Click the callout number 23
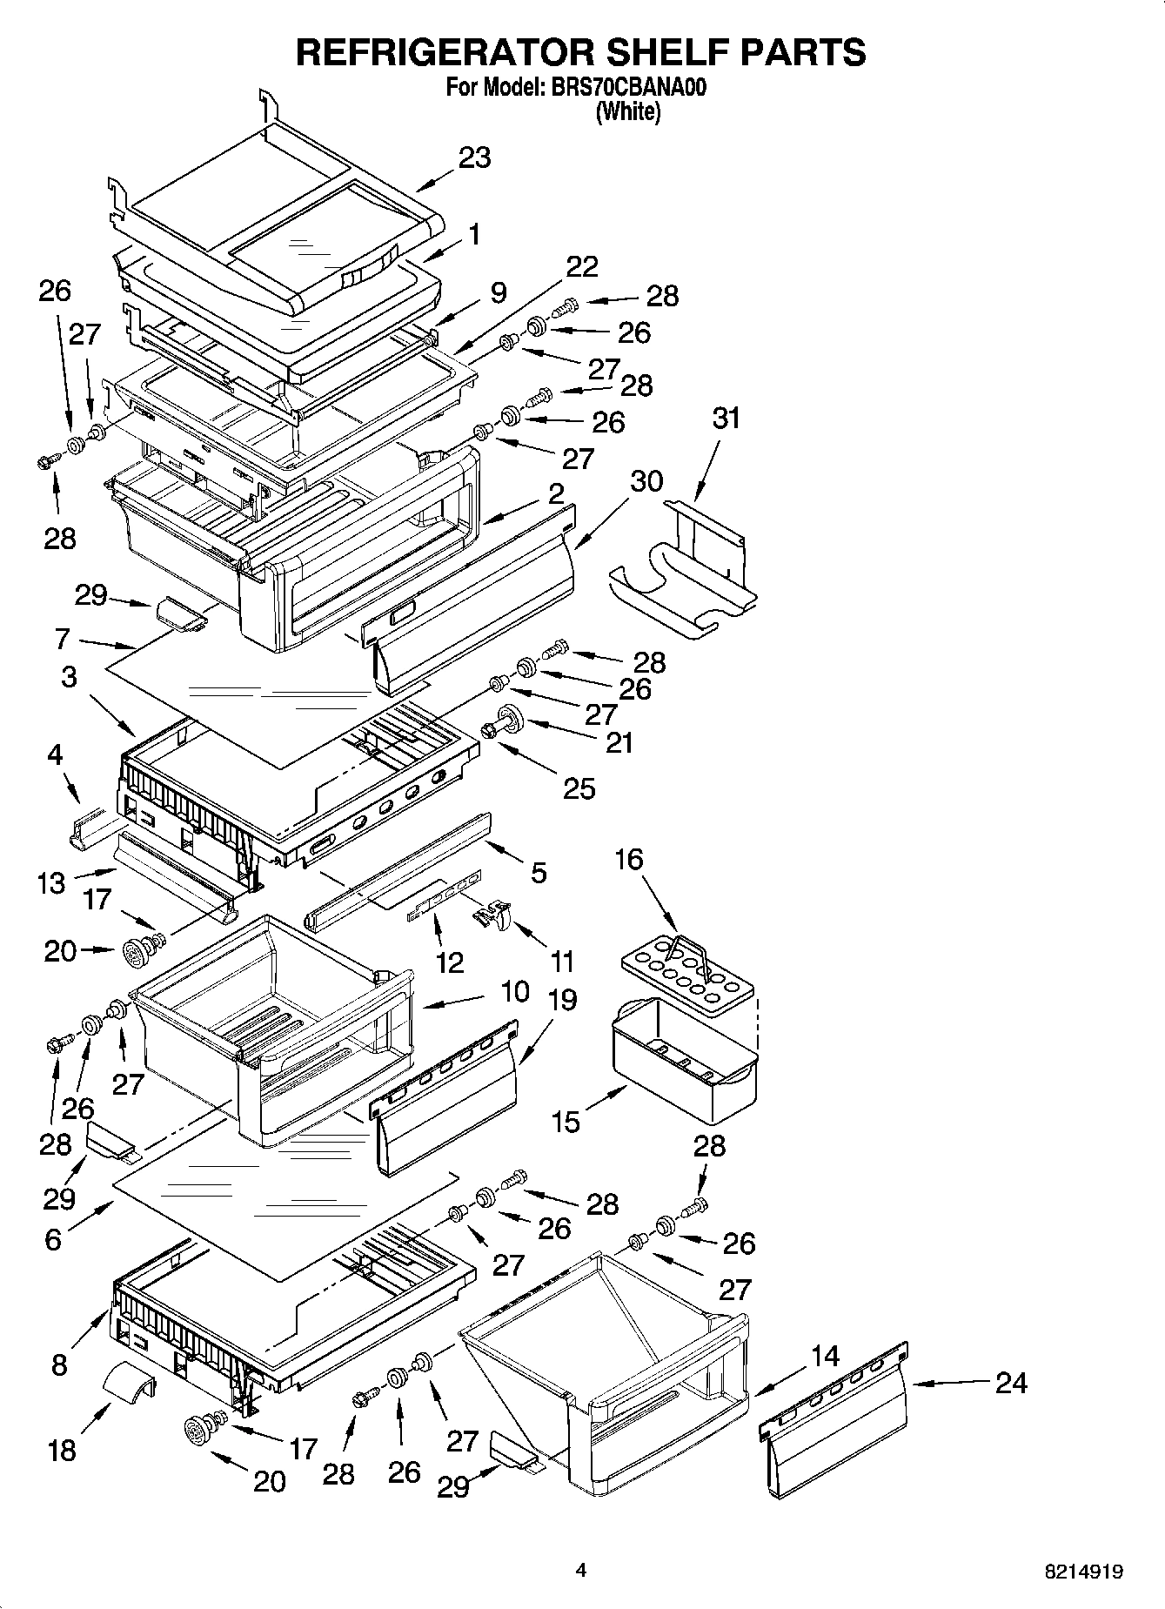pyautogui.click(x=474, y=158)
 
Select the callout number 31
pyautogui.click(x=726, y=419)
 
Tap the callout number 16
pyautogui.click(x=628, y=860)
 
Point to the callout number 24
pyautogui.click(x=1010, y=1383)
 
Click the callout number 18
pyautogui.click(x=63, y=1451)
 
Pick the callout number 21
pyautogui.click(x=619, y=742)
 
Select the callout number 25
pyautogui.click(x=579, y=788)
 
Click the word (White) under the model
pyautogui.click(x=627, y=112)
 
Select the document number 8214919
pyautogui.click(x=1084, y=1572)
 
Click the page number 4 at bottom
pyautogui.click(x=581, y=1570)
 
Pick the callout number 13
pyautogui.click(x=51, y=882)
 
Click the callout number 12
pyautogui.click(x=450, y=962)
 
